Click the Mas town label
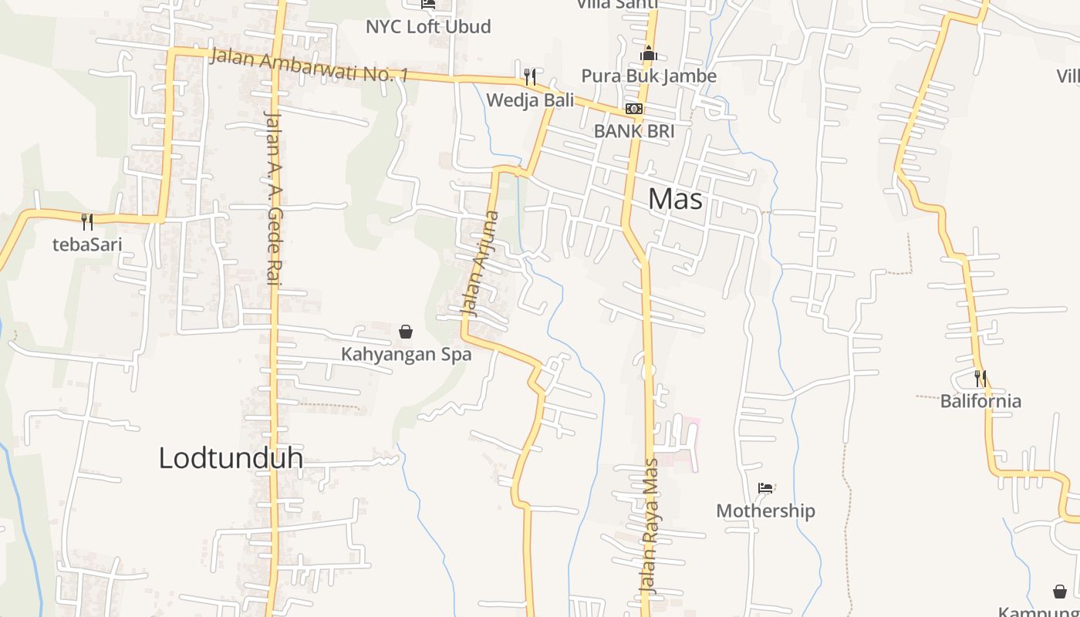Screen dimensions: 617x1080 click(675, 199)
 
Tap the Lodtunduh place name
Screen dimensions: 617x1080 click(230, 457)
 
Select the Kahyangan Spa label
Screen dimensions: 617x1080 click(406, 355)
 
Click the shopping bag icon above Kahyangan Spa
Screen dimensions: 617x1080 click(406, 332)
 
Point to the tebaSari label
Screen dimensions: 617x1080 click(87, 244)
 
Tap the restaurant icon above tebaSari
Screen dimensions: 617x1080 click(87, 222)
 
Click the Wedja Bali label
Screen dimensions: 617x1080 click(530, 99)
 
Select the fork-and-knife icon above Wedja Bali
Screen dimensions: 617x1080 click(530, 76)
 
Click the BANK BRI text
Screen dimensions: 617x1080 click(633, 131)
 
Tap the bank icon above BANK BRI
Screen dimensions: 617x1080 click(633, 109)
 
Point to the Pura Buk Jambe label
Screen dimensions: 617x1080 click(648, 76)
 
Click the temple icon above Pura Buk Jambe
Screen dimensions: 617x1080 click(649, 54)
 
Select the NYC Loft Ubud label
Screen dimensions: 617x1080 click(428, 26)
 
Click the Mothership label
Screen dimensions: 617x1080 click(765, 511)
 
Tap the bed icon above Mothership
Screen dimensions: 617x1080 click(765, 488)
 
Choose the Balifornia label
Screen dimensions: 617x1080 click(980, 401)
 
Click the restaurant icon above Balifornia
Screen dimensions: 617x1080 click(980, 379)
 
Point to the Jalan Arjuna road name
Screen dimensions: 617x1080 click(480, 264)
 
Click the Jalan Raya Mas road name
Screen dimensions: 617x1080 click(650, 526)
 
